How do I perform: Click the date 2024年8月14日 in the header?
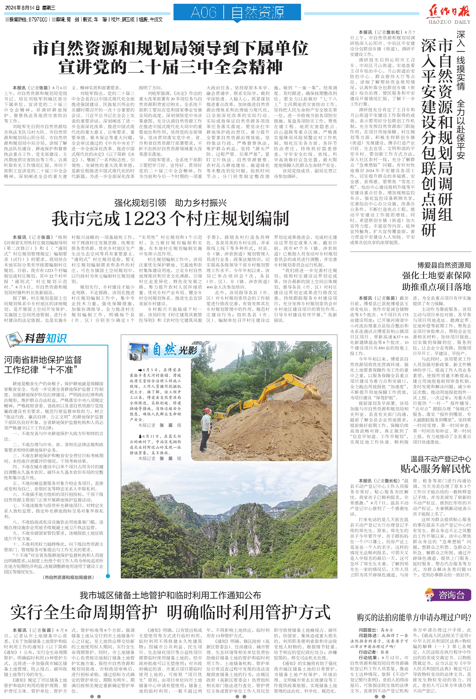[22, 8]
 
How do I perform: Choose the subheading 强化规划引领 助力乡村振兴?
[170, 203]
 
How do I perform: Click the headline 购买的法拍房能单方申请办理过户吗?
[414, 618]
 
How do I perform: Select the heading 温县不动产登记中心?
[440, 459]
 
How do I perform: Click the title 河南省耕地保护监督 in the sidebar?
[43, 360]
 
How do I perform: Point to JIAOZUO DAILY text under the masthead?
[449, 22]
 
